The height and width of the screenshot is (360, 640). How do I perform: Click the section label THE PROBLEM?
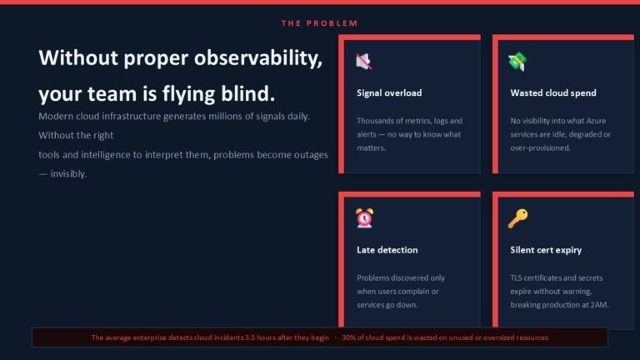[x=320, y=23]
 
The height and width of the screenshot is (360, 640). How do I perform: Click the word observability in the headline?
[x=258, y=58]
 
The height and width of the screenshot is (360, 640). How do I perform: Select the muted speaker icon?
[x=363, y=61]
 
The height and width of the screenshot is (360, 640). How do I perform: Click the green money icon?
[x=517, y=62]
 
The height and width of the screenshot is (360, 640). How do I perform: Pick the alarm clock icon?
[x=364, y=218]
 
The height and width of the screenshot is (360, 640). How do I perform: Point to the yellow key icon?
[x=517, y=218]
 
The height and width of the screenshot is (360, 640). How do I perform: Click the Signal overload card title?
[x=389, y=93]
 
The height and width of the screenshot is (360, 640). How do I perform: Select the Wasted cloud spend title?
[x=553, y=93]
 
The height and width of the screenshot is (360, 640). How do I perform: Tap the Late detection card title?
[x=387, y=250]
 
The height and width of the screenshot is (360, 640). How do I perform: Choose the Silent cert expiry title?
[x=546, y=250]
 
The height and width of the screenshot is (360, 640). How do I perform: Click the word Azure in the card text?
[x=596, y=121]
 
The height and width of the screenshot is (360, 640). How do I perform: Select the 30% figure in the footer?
[x=348, y=337]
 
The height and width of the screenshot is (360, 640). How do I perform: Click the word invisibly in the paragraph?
[x=68, y=174]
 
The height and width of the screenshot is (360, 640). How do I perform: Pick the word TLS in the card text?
[x=516, y=278]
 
